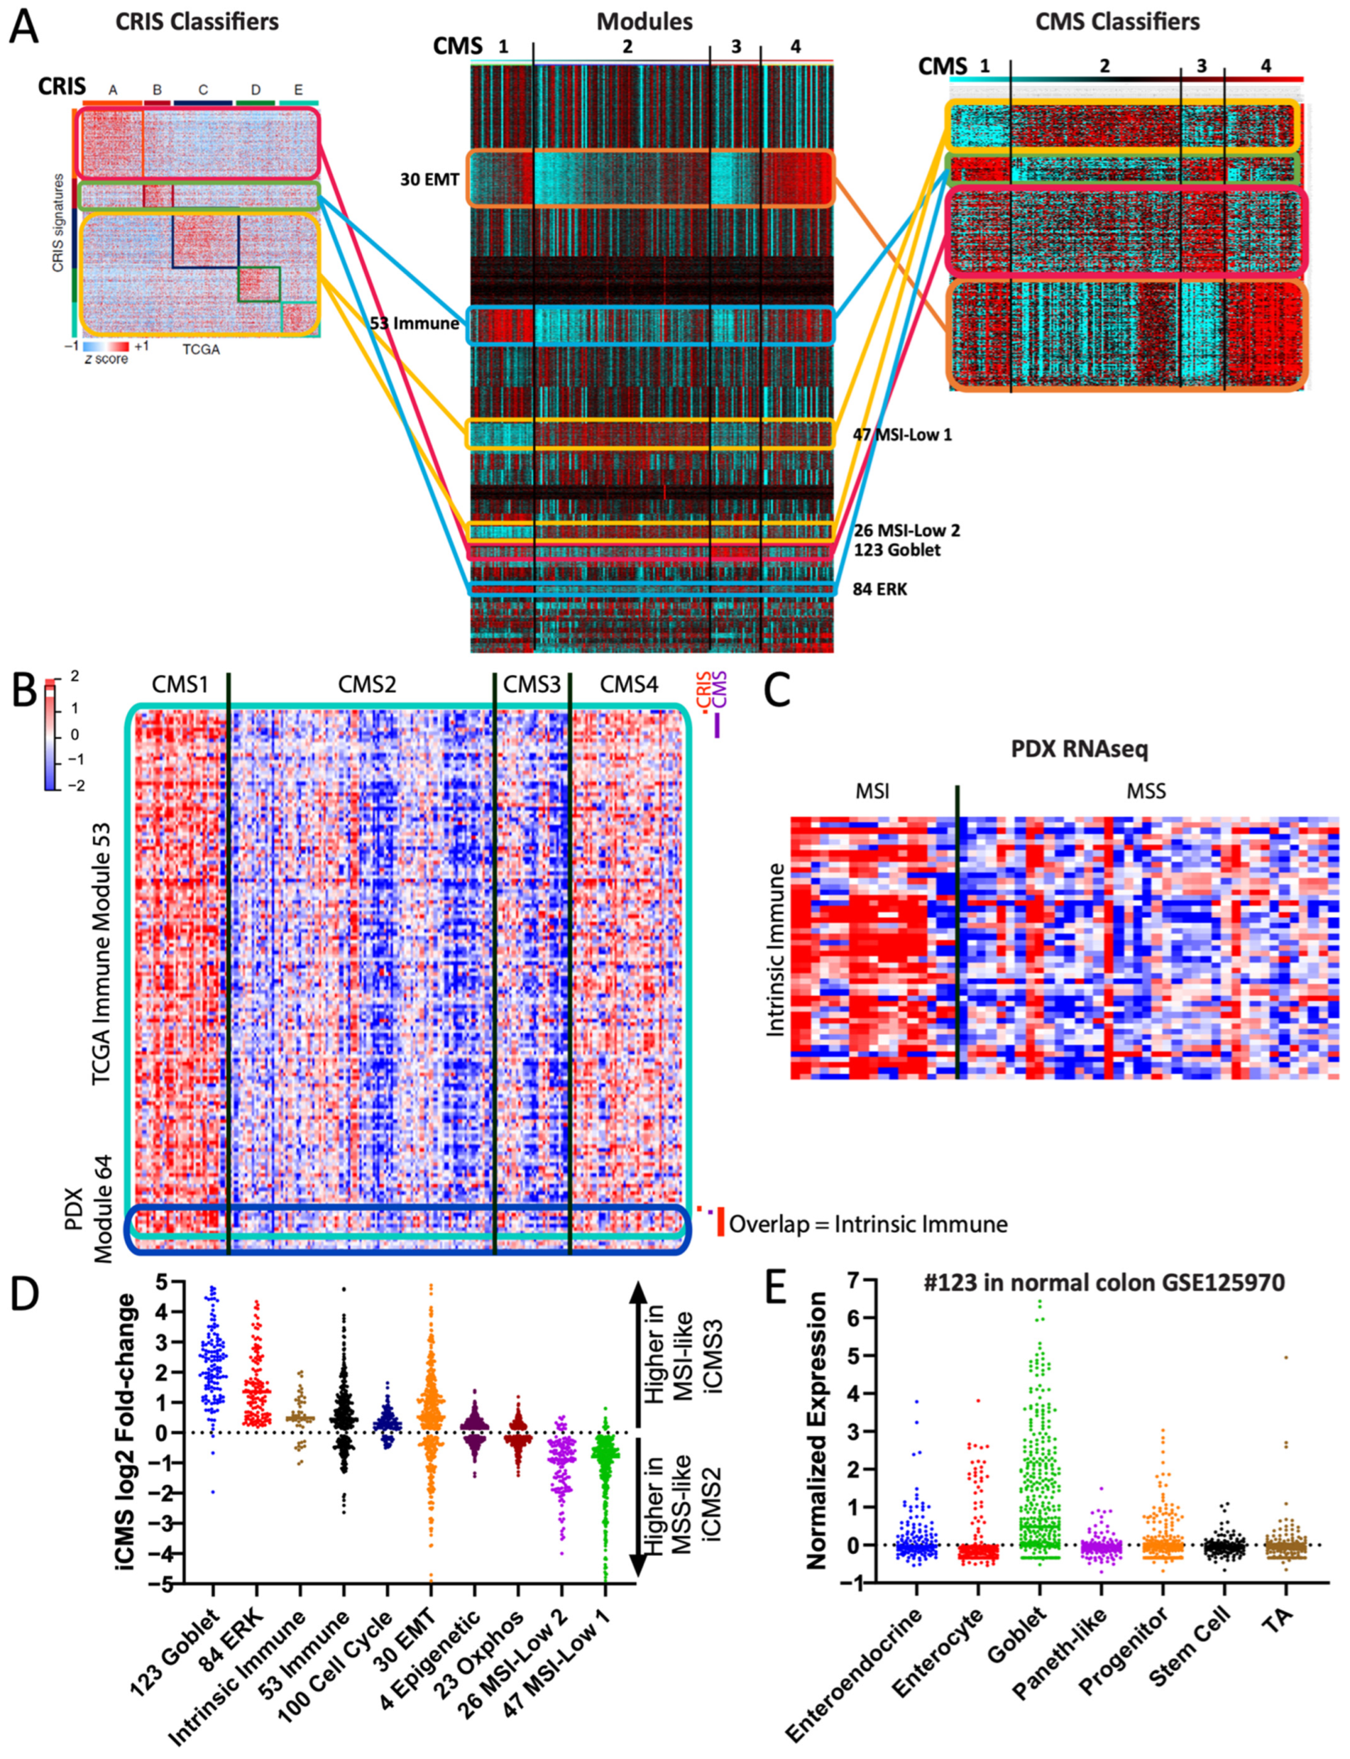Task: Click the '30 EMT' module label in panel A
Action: pyautogui.click(x=430, y=179)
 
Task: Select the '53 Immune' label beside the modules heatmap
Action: pyautogui.click(x=414, y=324)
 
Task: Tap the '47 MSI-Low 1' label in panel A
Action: pyautogui.click(x=902, y=435)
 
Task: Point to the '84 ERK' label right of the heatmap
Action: pyautogui.click(x=880, y=589)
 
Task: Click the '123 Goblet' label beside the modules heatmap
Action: pyautogui.click(x=897, y=550)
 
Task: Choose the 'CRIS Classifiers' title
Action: pyautogui.click(x=197, y=21)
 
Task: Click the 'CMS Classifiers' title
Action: pyautogui.click(x=1117, y=21)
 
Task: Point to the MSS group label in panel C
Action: pyautogui.click(x=1145, y=792)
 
